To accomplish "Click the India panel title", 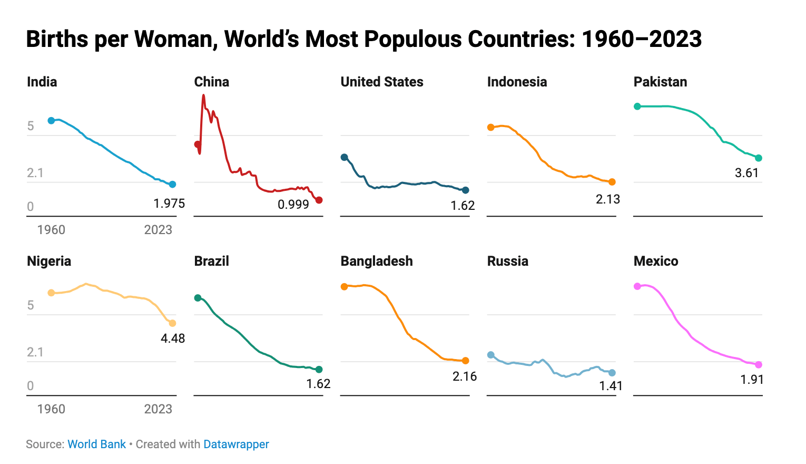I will pyautogui.click(x=42, y=82).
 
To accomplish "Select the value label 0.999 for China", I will pyautogui.click(x=293, y=205).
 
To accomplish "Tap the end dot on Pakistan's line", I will pyautogui.click(x=759, y=158).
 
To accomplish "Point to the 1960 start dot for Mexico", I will pyautogui.click(x=637, y=286).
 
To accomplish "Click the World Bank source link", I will pyautogui.click(x=96, y=444).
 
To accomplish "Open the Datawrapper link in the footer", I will pyautogui.click(x=236, y=444).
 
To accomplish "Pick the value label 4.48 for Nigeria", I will pyautogui.click(x=173, y=339).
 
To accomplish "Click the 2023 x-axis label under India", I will pyautogui.click(x=158, y=230).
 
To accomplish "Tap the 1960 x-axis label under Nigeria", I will pyautogui.click(x=51, y=409).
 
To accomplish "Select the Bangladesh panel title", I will pyautogui.click(x=377, y=261).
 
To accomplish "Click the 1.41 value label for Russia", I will pyautogui.click(x=611, y=386).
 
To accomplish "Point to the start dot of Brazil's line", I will pyautogui.click(x=198, y=298).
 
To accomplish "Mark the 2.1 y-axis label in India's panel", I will pyautogui.click(x=35, y=173).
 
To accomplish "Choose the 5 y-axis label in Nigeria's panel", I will pyautogui.click(x=31, y=305).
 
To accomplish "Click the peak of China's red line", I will pyautogui.click(x=203, y=96).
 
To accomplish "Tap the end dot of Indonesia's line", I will pyautogui.click(x=612, y=182).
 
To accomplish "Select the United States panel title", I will pyautogui.click(x=382, y=82).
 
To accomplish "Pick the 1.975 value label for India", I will pyautogui.click(x=169, y=204).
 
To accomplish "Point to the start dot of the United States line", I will pyautogui.click(x=345, y=157).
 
